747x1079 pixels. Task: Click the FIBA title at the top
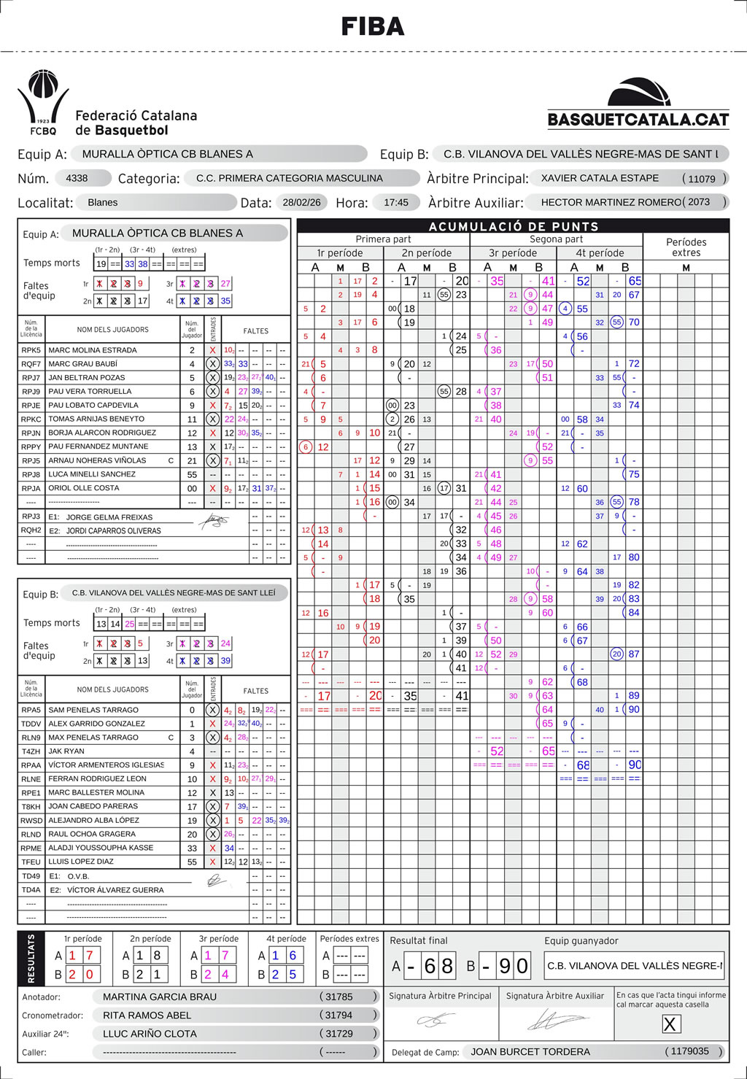(x=373, y=27)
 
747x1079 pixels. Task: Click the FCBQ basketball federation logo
(x=43, y=103)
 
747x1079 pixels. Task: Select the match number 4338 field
(x=77, y=178)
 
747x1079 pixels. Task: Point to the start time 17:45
(x=396, y=203)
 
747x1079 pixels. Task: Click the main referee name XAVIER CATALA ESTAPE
(x=600, y=178)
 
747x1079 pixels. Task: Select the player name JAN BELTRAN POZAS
(x=87, y=378)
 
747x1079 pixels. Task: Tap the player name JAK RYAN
(x=66, y=751)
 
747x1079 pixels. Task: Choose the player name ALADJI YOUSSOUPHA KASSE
(x=101, y=848)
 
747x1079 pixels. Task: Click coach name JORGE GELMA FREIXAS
(x=109, y=517)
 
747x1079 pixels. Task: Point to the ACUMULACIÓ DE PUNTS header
(x=514, y=226)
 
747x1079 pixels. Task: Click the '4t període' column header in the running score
(x=599, y=253)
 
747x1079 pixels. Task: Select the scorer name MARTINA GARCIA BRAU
(x=160, y=997)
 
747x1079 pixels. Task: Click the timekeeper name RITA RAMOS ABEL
(x=147, y=1015)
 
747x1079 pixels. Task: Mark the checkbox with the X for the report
(x=670, y=1024)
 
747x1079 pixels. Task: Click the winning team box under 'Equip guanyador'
(x=634, y=965)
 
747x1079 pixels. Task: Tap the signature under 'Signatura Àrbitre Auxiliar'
(x=556, y=1020)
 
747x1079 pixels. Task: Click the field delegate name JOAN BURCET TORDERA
(x=530, y=1051)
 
